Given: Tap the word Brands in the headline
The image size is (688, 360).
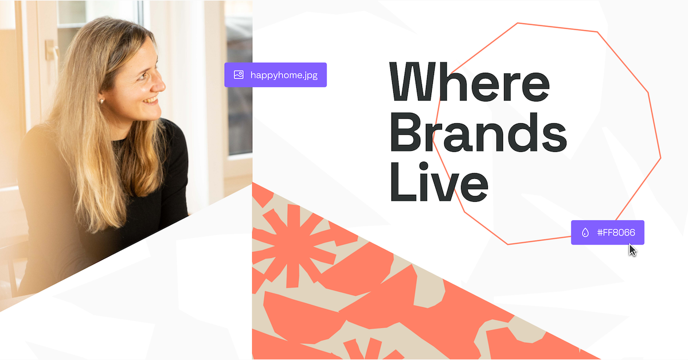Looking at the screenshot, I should click(x=478, y=132).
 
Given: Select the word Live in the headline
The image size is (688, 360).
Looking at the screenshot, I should click(x=439, y=183).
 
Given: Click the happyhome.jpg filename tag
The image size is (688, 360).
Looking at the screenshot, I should click(x=275, y=75).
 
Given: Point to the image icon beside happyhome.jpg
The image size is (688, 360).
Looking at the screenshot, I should click(x=239, y=75).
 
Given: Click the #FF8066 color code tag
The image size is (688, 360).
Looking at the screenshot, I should click(x=607, y=232).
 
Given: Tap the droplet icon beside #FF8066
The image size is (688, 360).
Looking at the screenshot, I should click(x=585, y=232).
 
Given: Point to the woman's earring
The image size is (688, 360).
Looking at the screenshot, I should click(x=102, y=101).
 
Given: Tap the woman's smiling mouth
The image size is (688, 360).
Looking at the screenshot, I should click(x=151, y=100).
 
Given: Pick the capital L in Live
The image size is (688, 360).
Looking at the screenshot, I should click(x=400, y=183).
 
